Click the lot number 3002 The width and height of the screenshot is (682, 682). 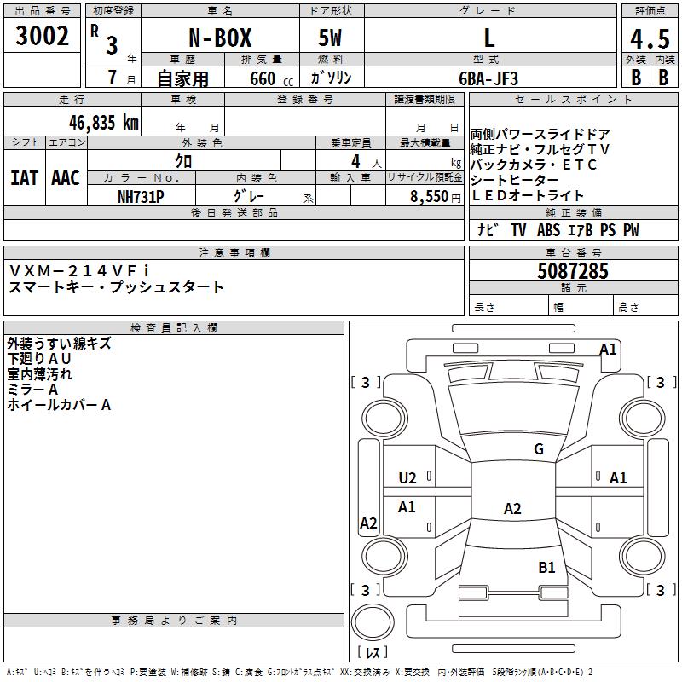click(x=42, y=36)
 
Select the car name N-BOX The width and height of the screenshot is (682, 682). click(x=220, y=38)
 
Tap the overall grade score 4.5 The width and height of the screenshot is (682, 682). click(x=650, y=38)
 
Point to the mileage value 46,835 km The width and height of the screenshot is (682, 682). click(x=103, y=123)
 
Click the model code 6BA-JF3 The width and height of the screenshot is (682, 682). click(x=488, y=78)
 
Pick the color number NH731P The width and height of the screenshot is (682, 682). click(x=141, y=197)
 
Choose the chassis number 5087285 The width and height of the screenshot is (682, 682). click(x=573, y=271)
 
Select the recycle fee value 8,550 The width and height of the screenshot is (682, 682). click(x=430, y=197)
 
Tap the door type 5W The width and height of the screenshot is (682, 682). click(x=330, y=38)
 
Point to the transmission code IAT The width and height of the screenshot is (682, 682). click(x=25, y=178)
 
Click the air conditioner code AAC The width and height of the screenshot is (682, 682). click(x=66, y=178)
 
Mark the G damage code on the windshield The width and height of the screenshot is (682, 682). click(x=539, y=448)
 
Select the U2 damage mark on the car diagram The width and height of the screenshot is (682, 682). click(x=407, y=478)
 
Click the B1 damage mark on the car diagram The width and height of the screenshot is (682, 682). click(x=546, y=567)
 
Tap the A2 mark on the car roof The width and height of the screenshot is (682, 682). click(x=512, y=508)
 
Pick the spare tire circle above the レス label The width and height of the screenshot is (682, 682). click(x=373, y=621)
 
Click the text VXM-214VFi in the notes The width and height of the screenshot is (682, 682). click(x=78, y=271)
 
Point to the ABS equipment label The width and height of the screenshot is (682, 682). click(x=548, y=230)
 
